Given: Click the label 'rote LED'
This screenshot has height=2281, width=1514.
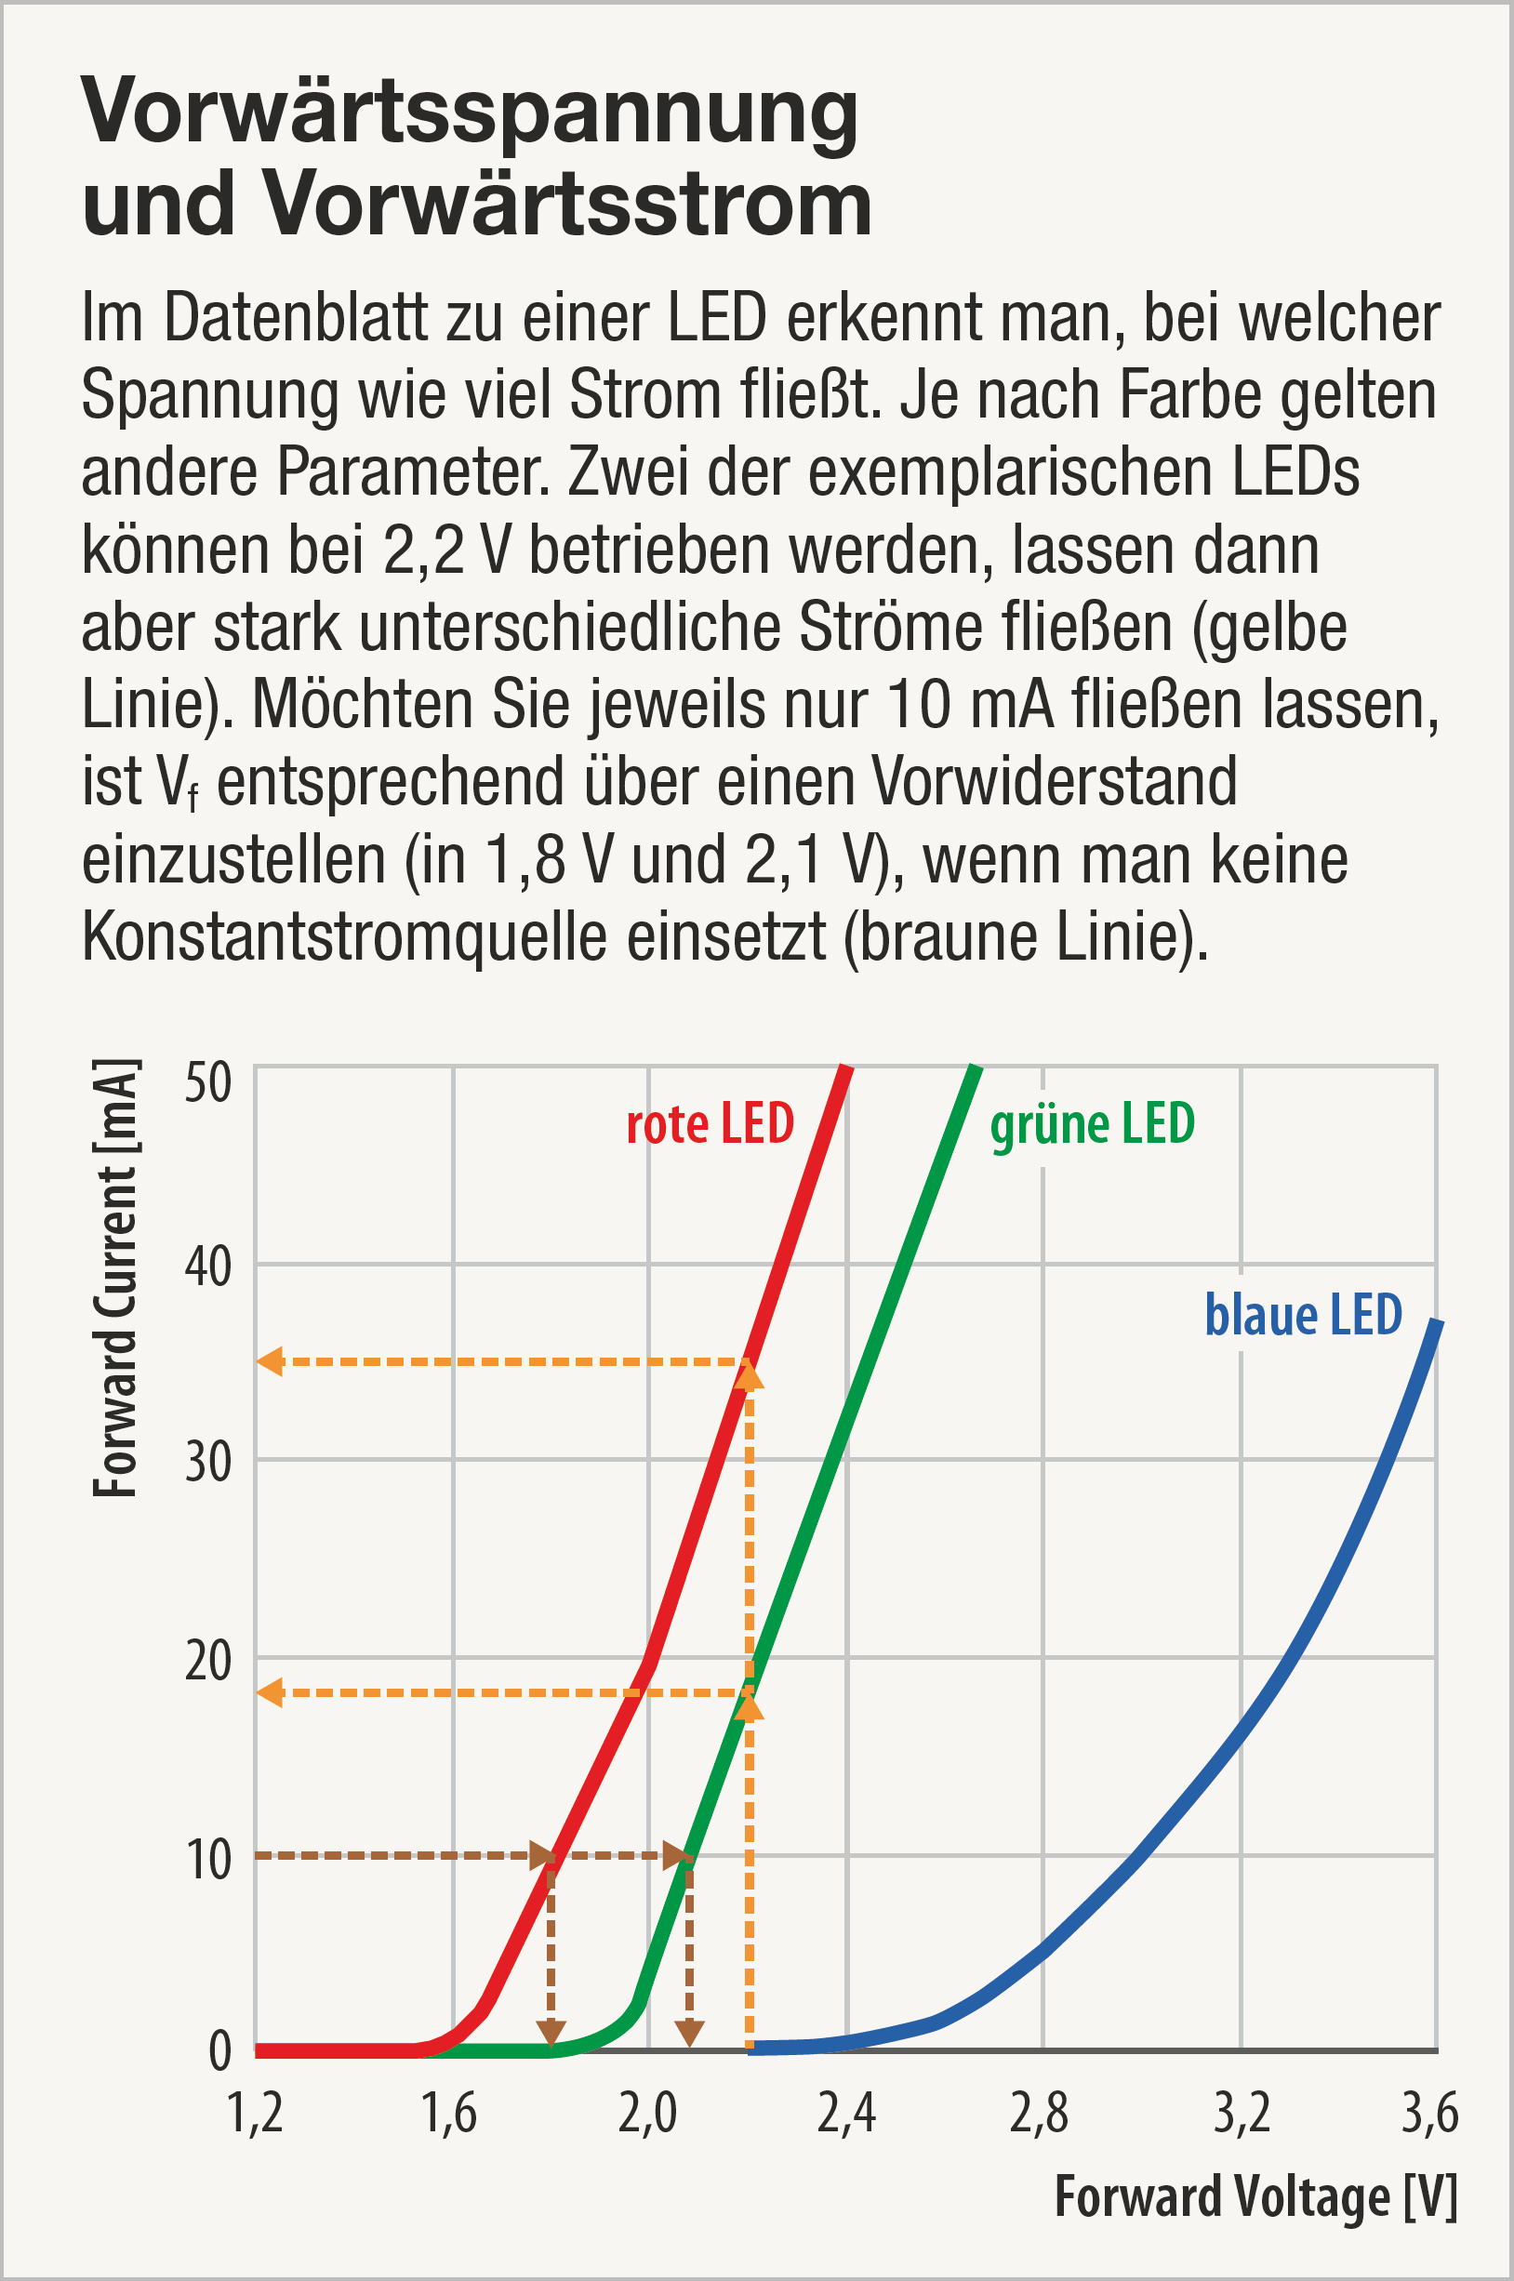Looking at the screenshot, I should click(x=710, y=1123).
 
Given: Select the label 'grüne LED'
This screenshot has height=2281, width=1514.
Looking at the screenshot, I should click(x=1092, y=1123).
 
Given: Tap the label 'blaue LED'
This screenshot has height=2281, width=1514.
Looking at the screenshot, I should click(x=1303, y=1315).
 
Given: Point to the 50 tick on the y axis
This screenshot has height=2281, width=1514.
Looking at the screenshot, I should click(x=207, y=1083).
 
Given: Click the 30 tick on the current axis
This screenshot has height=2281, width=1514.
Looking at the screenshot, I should click(x=207, y=1462).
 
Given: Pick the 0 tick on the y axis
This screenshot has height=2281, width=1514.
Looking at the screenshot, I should click(x=220, y=2050).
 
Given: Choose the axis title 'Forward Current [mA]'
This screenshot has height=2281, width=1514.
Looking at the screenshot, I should click(x=116, y=1278).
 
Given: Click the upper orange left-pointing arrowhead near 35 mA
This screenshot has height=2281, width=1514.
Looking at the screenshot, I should click(x=270, y=1362).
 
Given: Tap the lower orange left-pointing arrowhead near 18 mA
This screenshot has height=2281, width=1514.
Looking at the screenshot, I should click(x=270, y=1692).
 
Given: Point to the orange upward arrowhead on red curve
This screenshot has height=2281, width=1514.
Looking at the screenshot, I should click(x=750, y=1374).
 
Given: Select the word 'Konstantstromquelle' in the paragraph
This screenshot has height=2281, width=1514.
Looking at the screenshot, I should click(x=344, y=936).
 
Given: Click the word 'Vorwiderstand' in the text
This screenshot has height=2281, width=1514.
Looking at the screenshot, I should click(x=1056, y=781).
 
